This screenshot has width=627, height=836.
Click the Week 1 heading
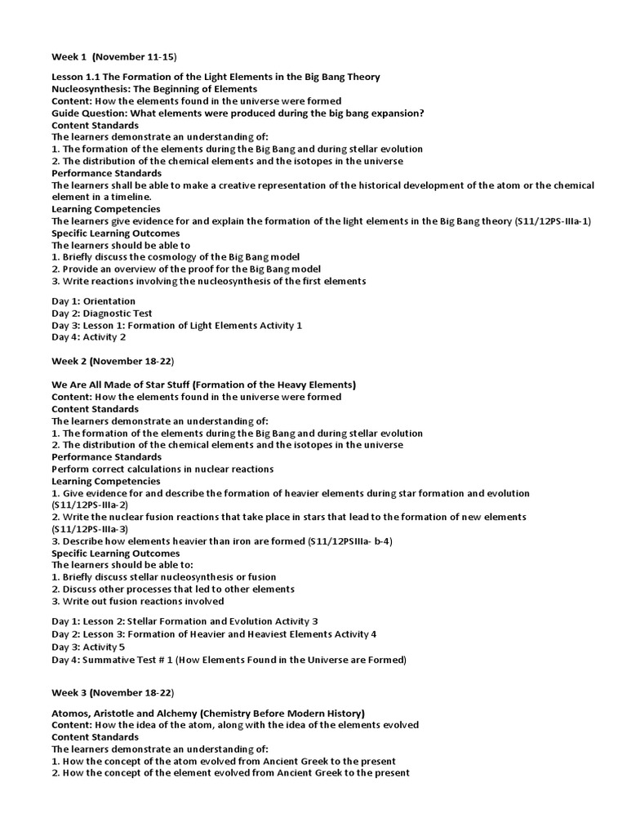[x=113, y=56]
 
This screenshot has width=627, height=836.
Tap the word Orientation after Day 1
[x=109, y=301]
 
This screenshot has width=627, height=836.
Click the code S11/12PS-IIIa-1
[x=553, y=221]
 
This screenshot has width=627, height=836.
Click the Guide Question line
[x=238, y=113]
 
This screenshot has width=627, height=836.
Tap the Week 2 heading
[x=113, y=361]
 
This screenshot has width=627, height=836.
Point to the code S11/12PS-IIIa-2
[x=89, y=505]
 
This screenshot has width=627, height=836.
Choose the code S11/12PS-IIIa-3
[x=89, y=529]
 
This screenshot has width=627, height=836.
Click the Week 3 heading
[x=113, y=693]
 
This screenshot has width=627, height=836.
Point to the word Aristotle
[x=118, y=713]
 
